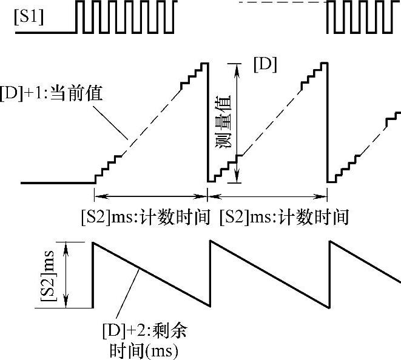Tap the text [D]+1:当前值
click(53, 95)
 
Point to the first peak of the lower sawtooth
click(93, 242)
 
